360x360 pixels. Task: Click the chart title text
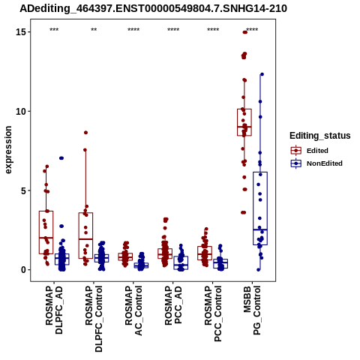(153, 9)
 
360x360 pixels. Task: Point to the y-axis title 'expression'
(8, 150)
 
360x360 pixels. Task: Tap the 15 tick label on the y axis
(21, 32)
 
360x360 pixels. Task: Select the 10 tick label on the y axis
(21, 111)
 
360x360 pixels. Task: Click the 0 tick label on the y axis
(24, 270)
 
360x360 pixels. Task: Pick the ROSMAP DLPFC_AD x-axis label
(54, 310)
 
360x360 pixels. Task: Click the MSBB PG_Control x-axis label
(252, 310)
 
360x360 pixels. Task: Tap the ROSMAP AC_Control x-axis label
(133, 310)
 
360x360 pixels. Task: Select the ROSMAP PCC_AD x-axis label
(173, 305)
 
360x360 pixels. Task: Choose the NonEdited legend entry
(316, 163)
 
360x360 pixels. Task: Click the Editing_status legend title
(320, 136)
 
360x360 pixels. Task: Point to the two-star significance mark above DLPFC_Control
(94, 30)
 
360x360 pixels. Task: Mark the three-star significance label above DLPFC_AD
(54, 30)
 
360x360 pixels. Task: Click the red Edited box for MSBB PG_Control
(244, 122)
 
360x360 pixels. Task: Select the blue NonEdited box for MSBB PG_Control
(260, 208)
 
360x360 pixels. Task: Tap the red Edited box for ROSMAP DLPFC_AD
(46, 232)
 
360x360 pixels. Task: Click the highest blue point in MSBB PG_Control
(262, 74)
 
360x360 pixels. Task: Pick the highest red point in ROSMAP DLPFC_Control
(85, 133)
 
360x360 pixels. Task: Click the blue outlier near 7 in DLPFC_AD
(61, 158)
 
